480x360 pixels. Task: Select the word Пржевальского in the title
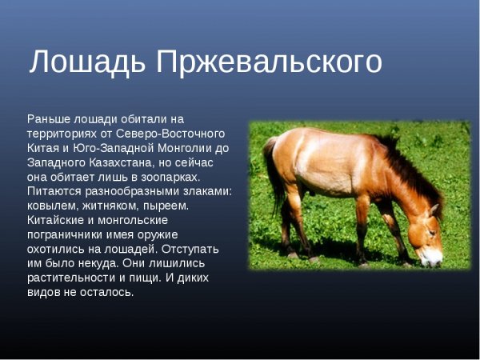coord(269,62)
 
